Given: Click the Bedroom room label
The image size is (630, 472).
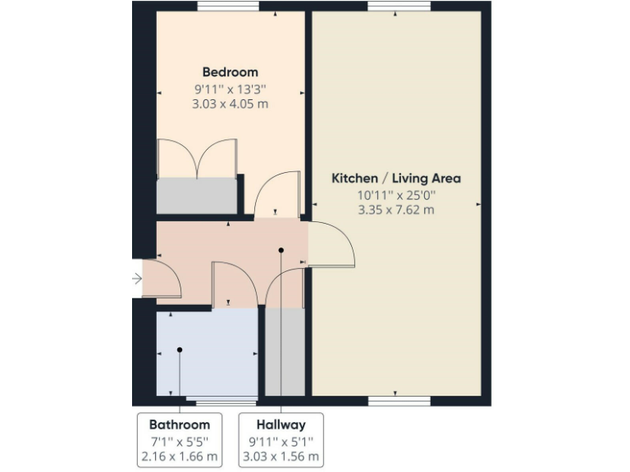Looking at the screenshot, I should pyautogui.click(x=231, y=72).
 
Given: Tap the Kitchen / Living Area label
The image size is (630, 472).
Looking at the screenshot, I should pyautogui.click(x=395, y=178).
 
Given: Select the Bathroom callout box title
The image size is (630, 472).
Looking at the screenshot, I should pyautogui.click(x=179, y=424).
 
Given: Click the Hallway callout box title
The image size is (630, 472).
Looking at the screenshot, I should pyautogui.click(x=281, y=424).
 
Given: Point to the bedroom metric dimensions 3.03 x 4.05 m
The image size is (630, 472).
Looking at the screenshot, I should pyautogui.click(x=231, y=104).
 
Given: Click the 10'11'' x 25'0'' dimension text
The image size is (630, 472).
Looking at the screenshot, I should pyautogui.click(x=395, y=195).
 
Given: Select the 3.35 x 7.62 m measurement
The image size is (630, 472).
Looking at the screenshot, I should pyautogui.click(x=395, y=210).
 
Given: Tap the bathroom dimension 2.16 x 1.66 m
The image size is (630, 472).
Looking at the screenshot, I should pyautogui.click(x=179, y=456).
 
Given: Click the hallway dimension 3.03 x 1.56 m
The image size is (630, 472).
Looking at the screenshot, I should pyautogui.click(x=281, y=456).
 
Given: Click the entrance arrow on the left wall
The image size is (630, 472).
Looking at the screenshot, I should pyautogui.click(x=137, y=279).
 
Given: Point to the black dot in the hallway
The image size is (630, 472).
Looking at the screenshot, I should pyautogui.click(x=281, y=250).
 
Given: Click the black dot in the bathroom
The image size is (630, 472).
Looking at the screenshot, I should pyautogui.click(x=179, y=350).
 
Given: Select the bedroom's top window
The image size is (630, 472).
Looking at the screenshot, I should pyautogui.click(x=229, y=7).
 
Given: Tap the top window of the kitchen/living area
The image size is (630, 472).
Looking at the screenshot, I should pyautogui.click(x=399, y=7).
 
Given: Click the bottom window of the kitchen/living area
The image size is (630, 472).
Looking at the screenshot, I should pyautogui.click(x=399, y=401).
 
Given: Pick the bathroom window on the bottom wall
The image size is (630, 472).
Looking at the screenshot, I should pyautogui.click(x=221, y=401).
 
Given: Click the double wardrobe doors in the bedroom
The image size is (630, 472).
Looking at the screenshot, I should pyautogui.click(x=198, y=158).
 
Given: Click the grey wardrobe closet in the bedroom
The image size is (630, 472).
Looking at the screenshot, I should pyautogui.click(x=197, y=196).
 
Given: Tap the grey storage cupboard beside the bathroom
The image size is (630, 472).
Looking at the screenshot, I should pyautogui.click(x=285, y=352).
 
